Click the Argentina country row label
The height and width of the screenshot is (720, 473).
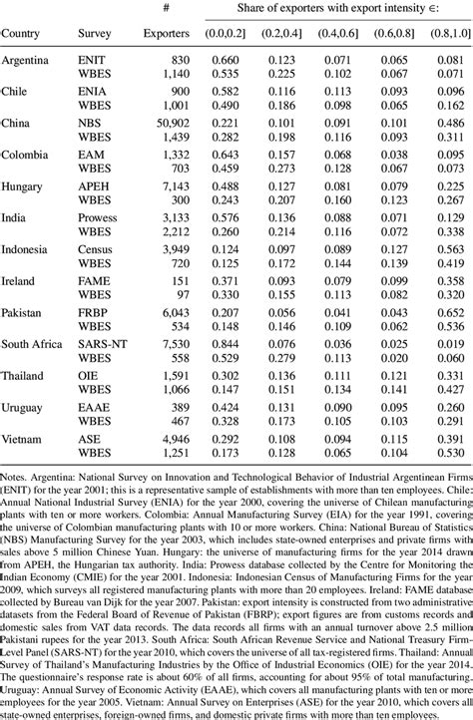[26, 60]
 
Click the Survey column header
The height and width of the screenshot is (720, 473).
[95, 33]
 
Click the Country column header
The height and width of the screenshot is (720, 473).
[22, 33]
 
